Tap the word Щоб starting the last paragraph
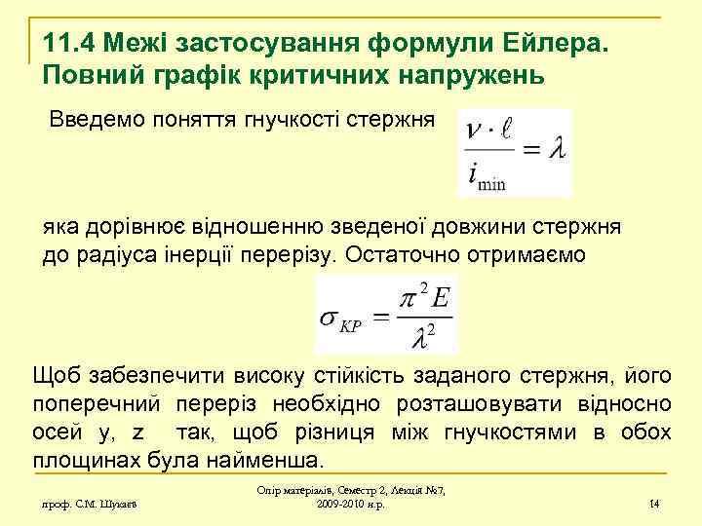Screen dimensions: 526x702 click(56, 376)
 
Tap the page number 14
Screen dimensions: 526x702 click(654, 504)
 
